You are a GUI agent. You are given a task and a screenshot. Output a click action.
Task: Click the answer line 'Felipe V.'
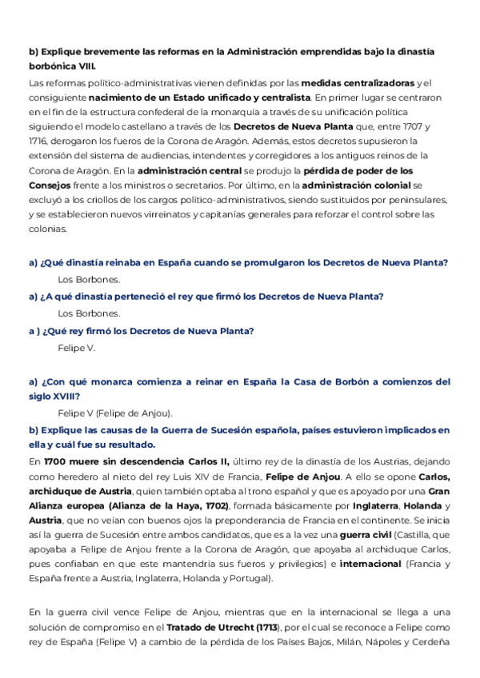[x=77, y=348]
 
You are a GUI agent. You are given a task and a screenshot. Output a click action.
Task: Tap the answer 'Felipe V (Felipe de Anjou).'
[x=115, y=413]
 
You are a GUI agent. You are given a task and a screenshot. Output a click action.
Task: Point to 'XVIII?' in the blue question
[x=65, y=396]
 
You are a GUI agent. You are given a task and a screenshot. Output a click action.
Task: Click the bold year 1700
[x=56, y=461]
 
